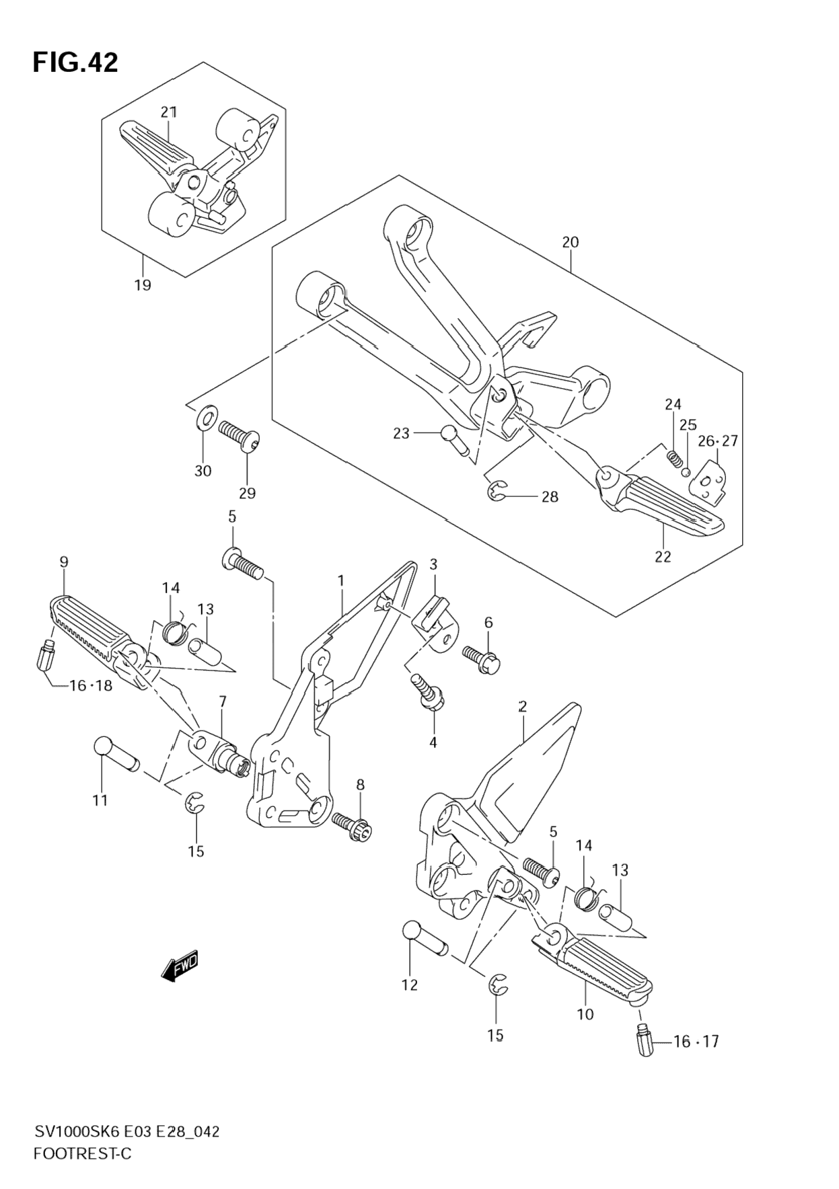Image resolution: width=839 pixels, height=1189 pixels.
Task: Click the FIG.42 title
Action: tap(75, 63)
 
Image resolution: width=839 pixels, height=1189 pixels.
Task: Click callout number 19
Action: tap(142, 285)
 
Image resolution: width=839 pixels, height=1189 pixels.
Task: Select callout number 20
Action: tap(570, 242)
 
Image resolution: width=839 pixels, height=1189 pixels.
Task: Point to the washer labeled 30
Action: tap(207, 419)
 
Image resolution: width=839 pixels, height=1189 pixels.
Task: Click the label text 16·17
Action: tap(696, 1042)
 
